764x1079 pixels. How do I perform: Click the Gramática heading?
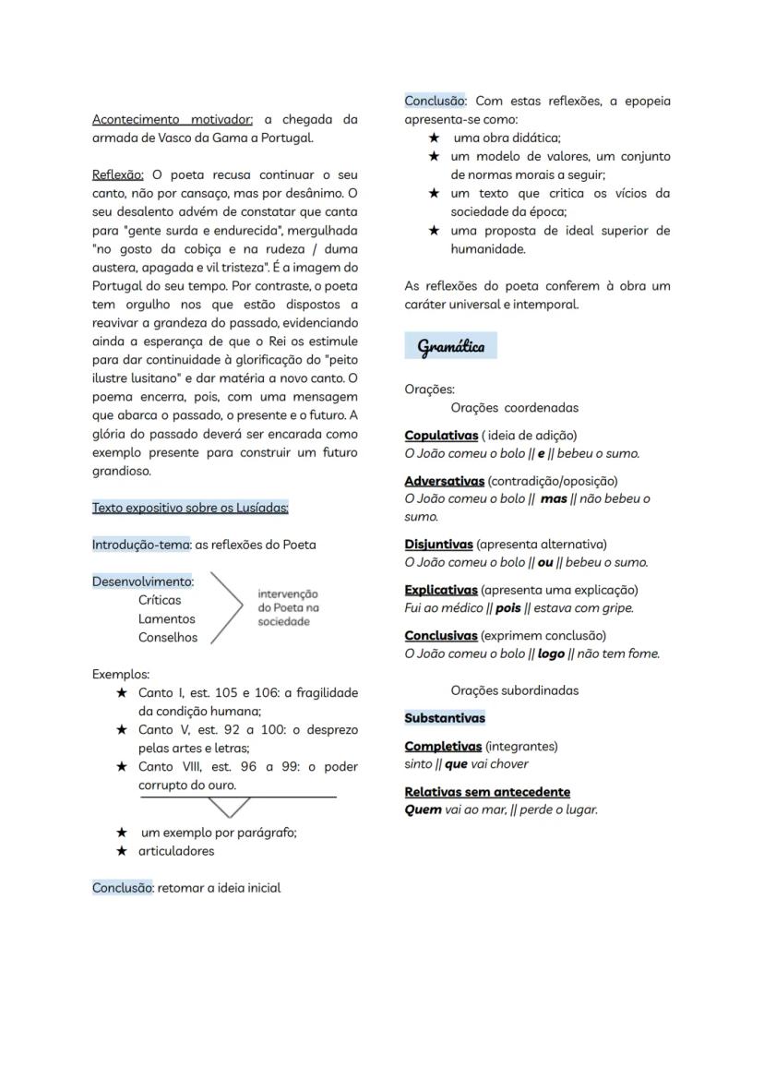coord(450,347)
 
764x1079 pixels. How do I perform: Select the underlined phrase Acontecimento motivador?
coord(173,120)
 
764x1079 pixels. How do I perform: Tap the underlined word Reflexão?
coord(117,175)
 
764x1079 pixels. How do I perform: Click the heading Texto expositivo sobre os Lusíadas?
coord(190,508)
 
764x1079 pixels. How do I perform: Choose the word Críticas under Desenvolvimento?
coord(160,600)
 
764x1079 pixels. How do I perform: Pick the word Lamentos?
coord(167,618)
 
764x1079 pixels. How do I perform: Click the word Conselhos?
coord(168,637)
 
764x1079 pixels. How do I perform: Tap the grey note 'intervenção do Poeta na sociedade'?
coord(288,608)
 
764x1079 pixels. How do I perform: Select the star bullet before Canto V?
coord(121,730)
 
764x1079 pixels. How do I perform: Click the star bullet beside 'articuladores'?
coord(121,851)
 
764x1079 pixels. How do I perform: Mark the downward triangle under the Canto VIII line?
coord(229,807)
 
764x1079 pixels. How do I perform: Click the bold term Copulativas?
coord(441,435)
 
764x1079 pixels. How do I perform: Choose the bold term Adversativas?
coord(444,481)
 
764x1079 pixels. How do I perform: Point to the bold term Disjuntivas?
coord(438,545)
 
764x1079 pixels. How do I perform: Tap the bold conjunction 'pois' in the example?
coord(508,608)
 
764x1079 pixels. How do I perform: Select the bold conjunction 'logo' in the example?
coord(551,654)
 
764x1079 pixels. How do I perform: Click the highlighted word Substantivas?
coord(445,718)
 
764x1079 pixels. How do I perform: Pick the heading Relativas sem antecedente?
coord(487,792)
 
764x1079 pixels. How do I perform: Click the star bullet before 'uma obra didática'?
coord(433,138)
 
